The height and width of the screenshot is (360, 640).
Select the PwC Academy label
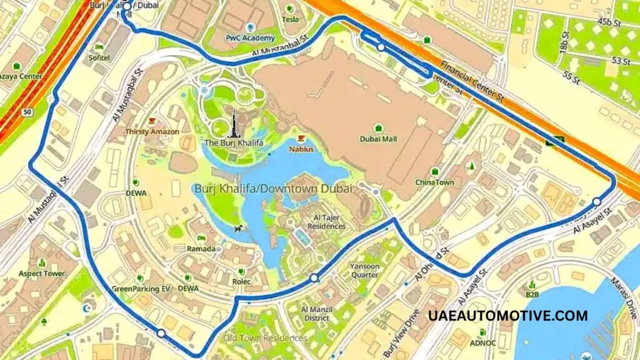(x=250, y=38)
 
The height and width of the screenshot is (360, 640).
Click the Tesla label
(x=290, y=19)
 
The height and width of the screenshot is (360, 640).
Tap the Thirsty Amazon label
(x=152, y=132)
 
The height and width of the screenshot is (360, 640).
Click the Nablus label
(x=301, y=149)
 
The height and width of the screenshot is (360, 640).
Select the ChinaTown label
(x=434, y=182)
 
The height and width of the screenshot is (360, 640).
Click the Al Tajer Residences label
(x=326, y=222)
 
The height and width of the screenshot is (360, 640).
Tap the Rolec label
(x=241, y=282)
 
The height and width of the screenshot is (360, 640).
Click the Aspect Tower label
(x=42, y=274)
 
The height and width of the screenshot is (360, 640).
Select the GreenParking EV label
(x=141, y=289)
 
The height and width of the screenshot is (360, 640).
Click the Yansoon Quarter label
(x=364, y=269)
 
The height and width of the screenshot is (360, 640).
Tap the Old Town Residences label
(x=266, y=338)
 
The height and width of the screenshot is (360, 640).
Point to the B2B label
(x=532, y=294)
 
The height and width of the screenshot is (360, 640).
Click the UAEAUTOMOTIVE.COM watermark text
(x=508, y=316)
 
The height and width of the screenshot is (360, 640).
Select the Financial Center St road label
(x=472, y=81)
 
